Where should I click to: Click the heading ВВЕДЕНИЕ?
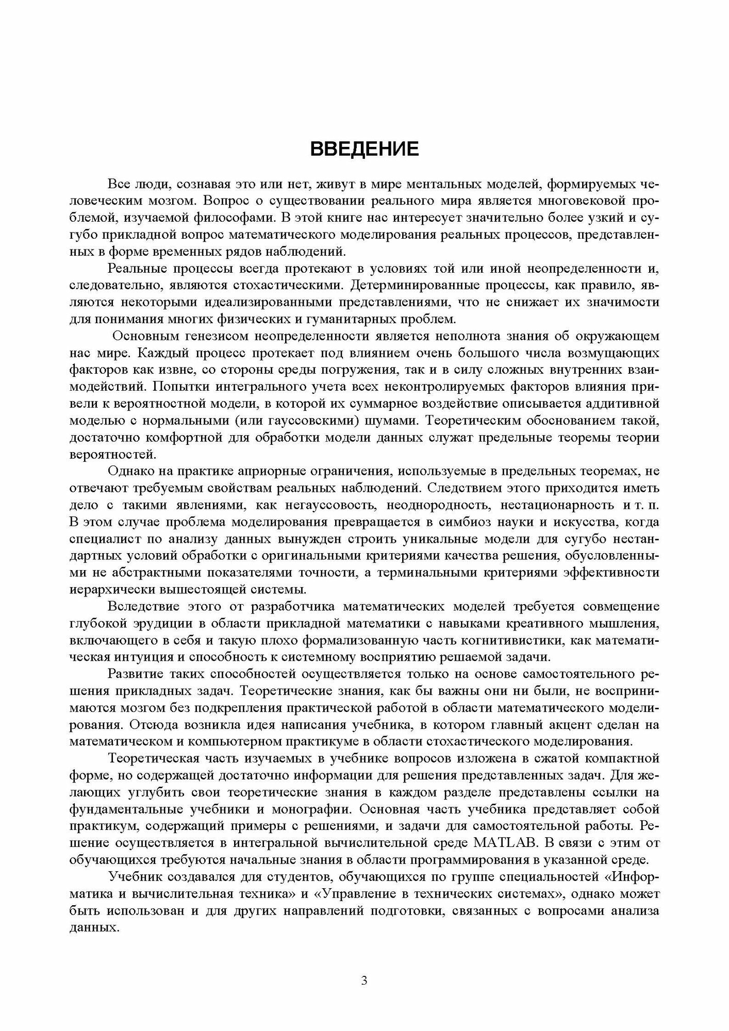[364, 148]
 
